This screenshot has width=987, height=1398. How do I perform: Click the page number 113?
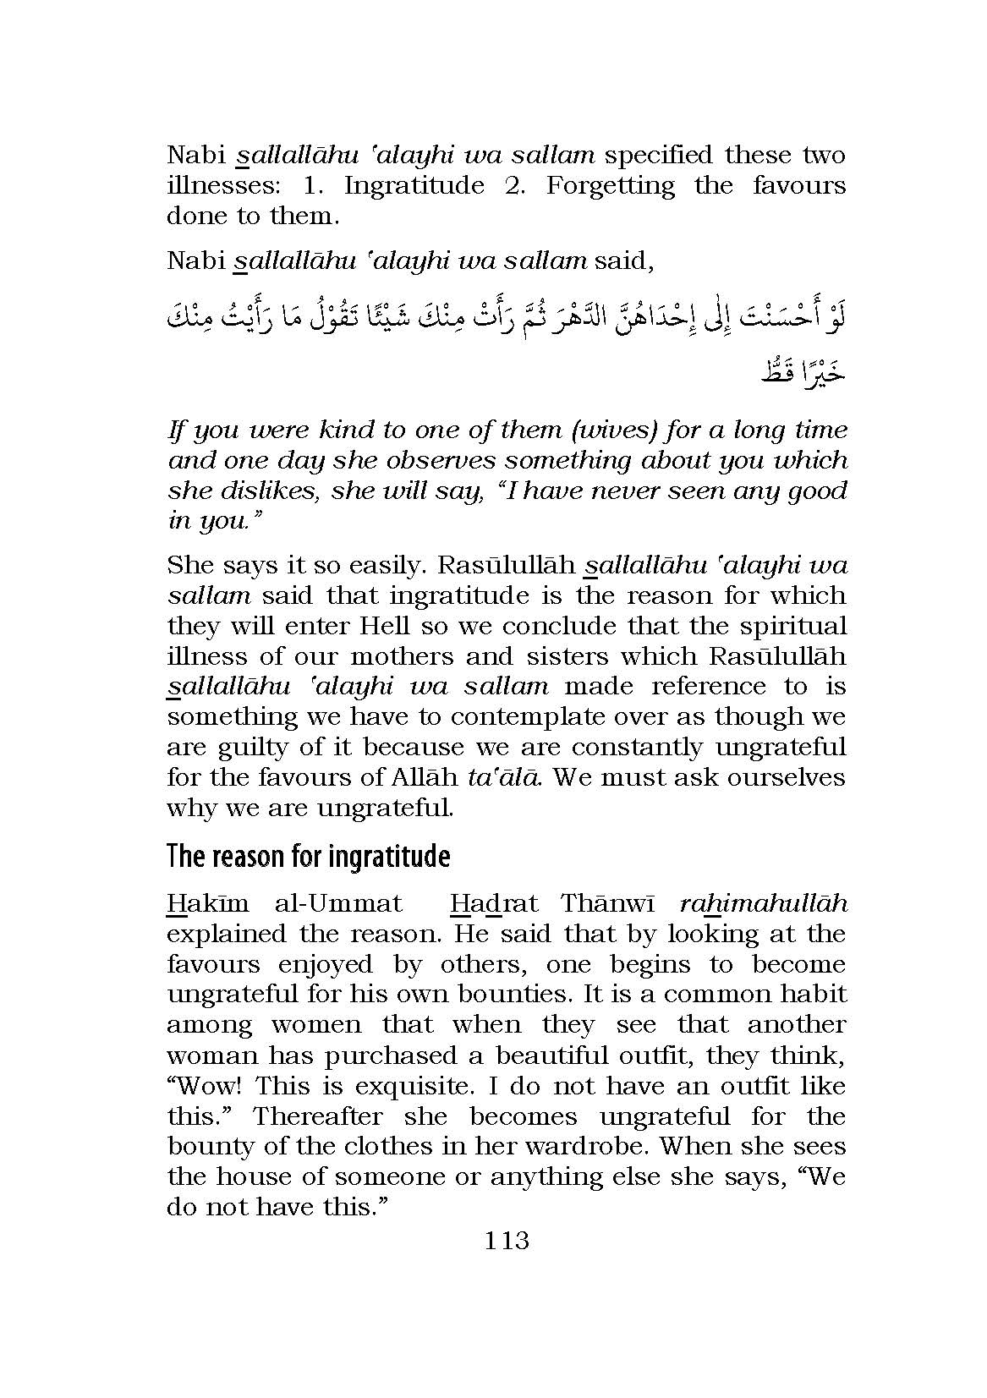507,1241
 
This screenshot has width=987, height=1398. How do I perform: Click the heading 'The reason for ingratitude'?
308,856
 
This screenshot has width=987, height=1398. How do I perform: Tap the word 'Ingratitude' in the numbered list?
414,185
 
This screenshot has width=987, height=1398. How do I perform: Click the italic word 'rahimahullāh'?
763,903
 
